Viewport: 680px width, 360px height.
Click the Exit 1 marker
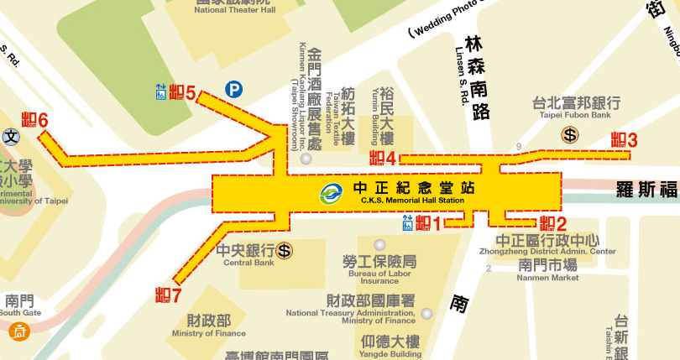(428, 222)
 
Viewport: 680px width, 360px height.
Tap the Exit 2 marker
(552, 223)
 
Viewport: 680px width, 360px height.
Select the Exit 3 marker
(625, 140)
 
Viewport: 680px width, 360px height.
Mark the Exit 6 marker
(34, 120)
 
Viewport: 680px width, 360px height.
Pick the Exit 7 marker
(169, 295)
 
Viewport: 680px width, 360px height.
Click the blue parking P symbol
(233, 88)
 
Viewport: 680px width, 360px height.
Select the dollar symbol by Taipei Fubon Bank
(571, 133)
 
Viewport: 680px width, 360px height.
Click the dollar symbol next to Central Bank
(285, 250)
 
